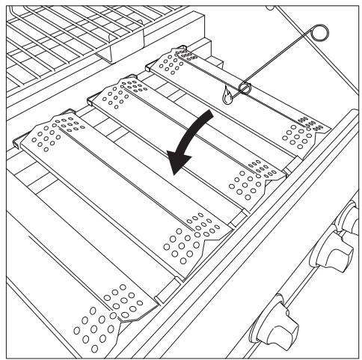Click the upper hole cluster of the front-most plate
[49, 135]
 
